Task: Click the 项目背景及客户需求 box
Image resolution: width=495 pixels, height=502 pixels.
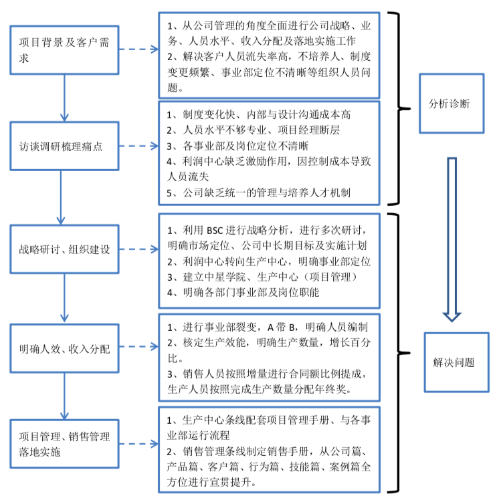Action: [x=64, y=50]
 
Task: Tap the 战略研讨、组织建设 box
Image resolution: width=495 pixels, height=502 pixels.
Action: [x=64, y=250]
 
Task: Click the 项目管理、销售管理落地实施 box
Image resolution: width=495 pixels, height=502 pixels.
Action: [x=64, y=445]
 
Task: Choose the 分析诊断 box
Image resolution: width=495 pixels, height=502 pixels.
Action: [x=449, y=104]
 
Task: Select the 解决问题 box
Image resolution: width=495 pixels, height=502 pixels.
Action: [x=449, y=362]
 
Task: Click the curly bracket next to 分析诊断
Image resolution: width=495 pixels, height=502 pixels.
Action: [x=401, y=107]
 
